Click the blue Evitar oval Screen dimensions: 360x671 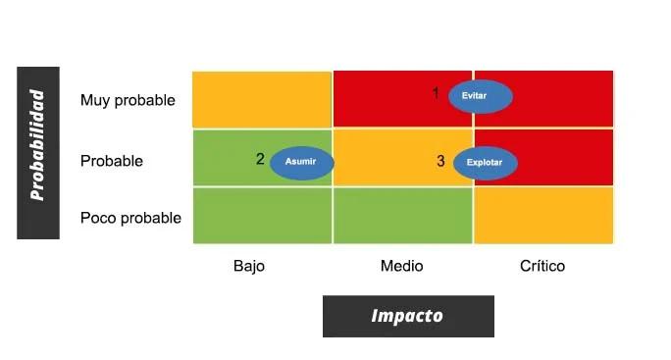click(x=481, y=96)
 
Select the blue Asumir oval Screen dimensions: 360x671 click(x=301, y=162)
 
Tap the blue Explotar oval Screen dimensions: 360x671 click(x=485, y=163)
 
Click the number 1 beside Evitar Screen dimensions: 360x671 click(x=437, y=93)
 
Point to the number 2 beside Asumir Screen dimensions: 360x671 click(x=260, y=159)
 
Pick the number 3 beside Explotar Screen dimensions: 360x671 click(x=440, y=161)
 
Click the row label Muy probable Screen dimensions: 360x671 click(x=128, y=100)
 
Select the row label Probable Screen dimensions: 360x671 click(x=112, y=161)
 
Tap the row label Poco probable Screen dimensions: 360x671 click(x=130, y=218)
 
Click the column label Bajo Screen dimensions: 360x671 click(x=249, y=266)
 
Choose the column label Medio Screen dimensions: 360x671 click(x=401, y=266)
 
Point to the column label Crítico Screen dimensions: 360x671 click(x=542, y=266)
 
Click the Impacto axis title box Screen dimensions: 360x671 click(x=407, y=316)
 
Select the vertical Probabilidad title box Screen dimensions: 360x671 click(x=38, y=152)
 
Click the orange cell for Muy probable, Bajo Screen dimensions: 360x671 click(x=262, y=99)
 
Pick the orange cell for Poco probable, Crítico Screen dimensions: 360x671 click(x=543, y=216)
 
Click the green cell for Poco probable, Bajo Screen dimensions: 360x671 click(x=262, y=216)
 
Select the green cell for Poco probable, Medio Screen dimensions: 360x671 click(x=402, y=216)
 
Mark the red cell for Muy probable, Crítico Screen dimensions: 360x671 click(x=564, y=98)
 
